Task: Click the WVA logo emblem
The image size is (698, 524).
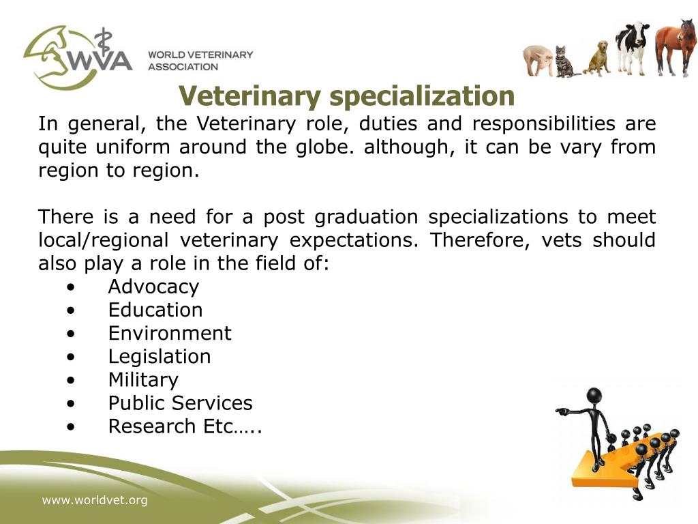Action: coord(75,57)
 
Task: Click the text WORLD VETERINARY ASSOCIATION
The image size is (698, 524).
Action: coord(200,60)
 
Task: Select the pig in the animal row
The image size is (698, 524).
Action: coord(538,61)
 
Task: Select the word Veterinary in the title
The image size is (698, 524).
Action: coord(250,96)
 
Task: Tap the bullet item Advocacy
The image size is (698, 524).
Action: coord(153,287)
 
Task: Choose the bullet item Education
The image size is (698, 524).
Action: coord(155,310)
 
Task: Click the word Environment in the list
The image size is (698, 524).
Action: coord(170,333)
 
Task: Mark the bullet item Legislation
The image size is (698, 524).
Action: coord(160,356)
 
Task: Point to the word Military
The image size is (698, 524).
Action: coord(143,379)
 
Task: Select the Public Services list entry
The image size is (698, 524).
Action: coord(180,403)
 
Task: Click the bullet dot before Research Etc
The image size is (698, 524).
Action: coord(72,426)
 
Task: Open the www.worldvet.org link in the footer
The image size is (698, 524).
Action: coord(95,501)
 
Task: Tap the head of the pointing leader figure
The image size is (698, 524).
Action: coord(594,395)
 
